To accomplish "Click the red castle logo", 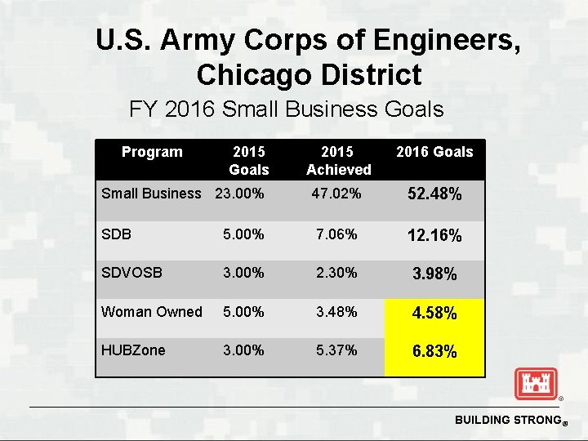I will (x=536, y=383).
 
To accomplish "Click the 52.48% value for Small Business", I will (x=434, y=195).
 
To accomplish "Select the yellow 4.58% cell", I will (x=434, y=313).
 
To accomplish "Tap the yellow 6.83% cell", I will (x=434, y=352).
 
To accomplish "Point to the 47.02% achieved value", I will (x=337, y=194).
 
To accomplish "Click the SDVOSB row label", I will (x=131, y=273).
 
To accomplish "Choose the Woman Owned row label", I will (x=151, y=312).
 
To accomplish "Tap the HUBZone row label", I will (x=132, y=350).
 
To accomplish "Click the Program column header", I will (x=152, y=152).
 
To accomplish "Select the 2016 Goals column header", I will (x=434, y=152).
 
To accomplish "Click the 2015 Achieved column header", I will (x=338, y=161).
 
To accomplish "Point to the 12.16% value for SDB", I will (x=434, y=236).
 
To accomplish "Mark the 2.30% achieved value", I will (x=337, y=273).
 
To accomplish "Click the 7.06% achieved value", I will (x=337, y=234).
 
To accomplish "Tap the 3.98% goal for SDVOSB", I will (x=434, y=274).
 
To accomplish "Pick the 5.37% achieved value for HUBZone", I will (x=337, y=350).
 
